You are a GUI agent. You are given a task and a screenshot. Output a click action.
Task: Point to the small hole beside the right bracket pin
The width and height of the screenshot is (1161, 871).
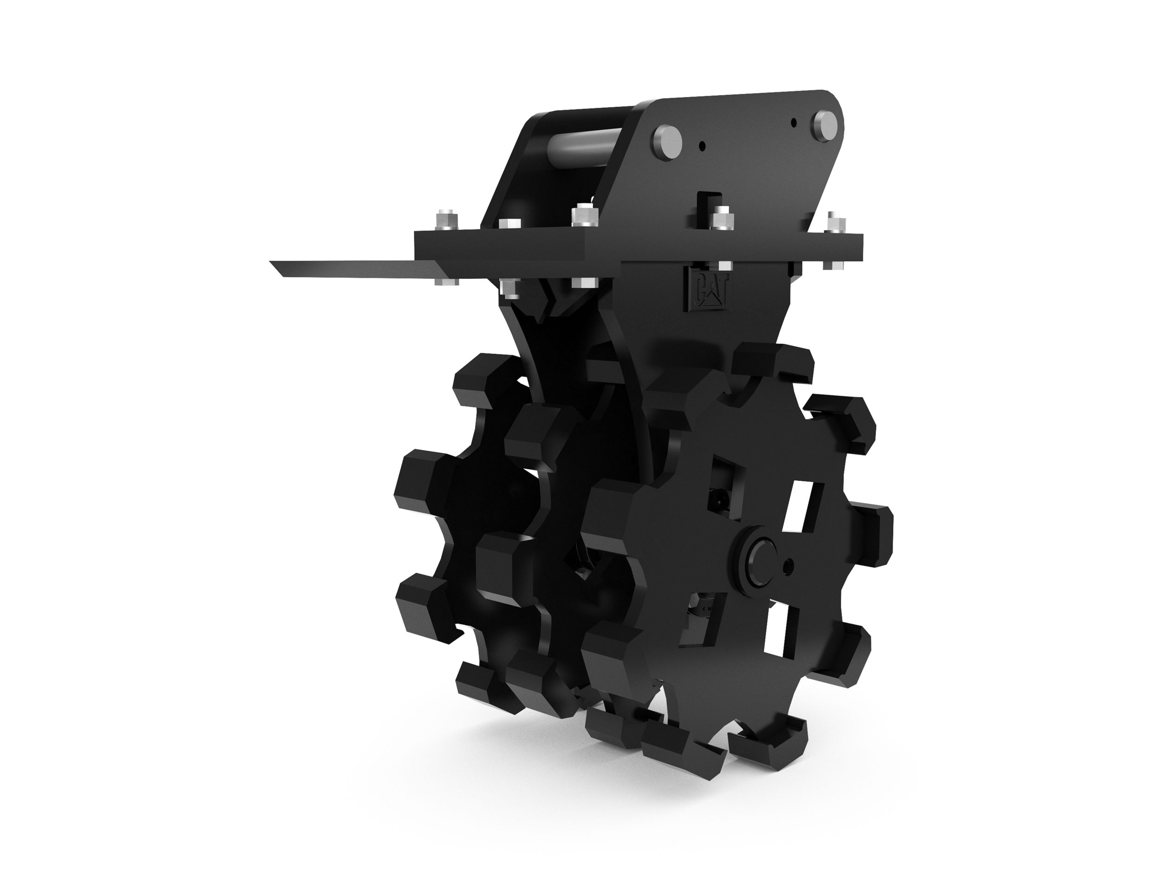tap(794, 122)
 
